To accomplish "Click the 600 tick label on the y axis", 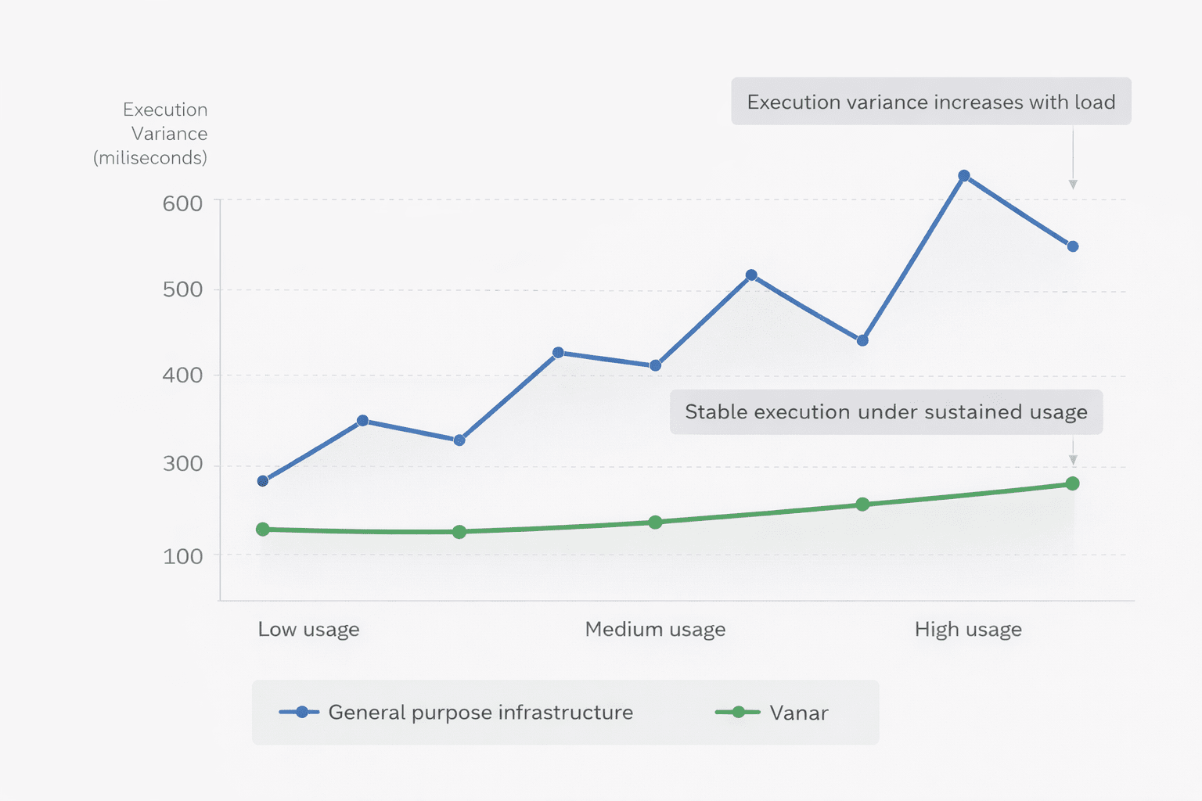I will point(182,203).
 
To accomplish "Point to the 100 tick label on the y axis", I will point(182,556).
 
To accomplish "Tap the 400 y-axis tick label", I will point(182,375).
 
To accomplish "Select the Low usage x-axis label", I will point(308,630).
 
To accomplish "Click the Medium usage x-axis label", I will point(655,630).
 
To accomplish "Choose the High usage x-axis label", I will point(968,630).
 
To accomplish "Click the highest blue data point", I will point(964,176).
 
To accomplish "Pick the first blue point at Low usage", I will point(263,480).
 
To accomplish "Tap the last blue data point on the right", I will point(1073,246).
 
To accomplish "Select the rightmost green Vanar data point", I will point(1073,483).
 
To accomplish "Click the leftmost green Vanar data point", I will point(263,530).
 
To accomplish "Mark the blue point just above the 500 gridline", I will point(751,275).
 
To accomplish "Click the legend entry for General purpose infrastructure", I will point(480,713).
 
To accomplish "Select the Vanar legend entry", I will point(798,713).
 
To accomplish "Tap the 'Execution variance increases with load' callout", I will point(930,102).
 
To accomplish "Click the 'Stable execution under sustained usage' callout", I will point(886,412).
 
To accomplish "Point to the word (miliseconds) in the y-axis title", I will point(150,158).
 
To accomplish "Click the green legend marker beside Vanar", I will point(738,712).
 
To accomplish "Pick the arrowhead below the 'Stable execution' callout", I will point(1073,460).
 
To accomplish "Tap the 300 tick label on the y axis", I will point(182,464).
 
